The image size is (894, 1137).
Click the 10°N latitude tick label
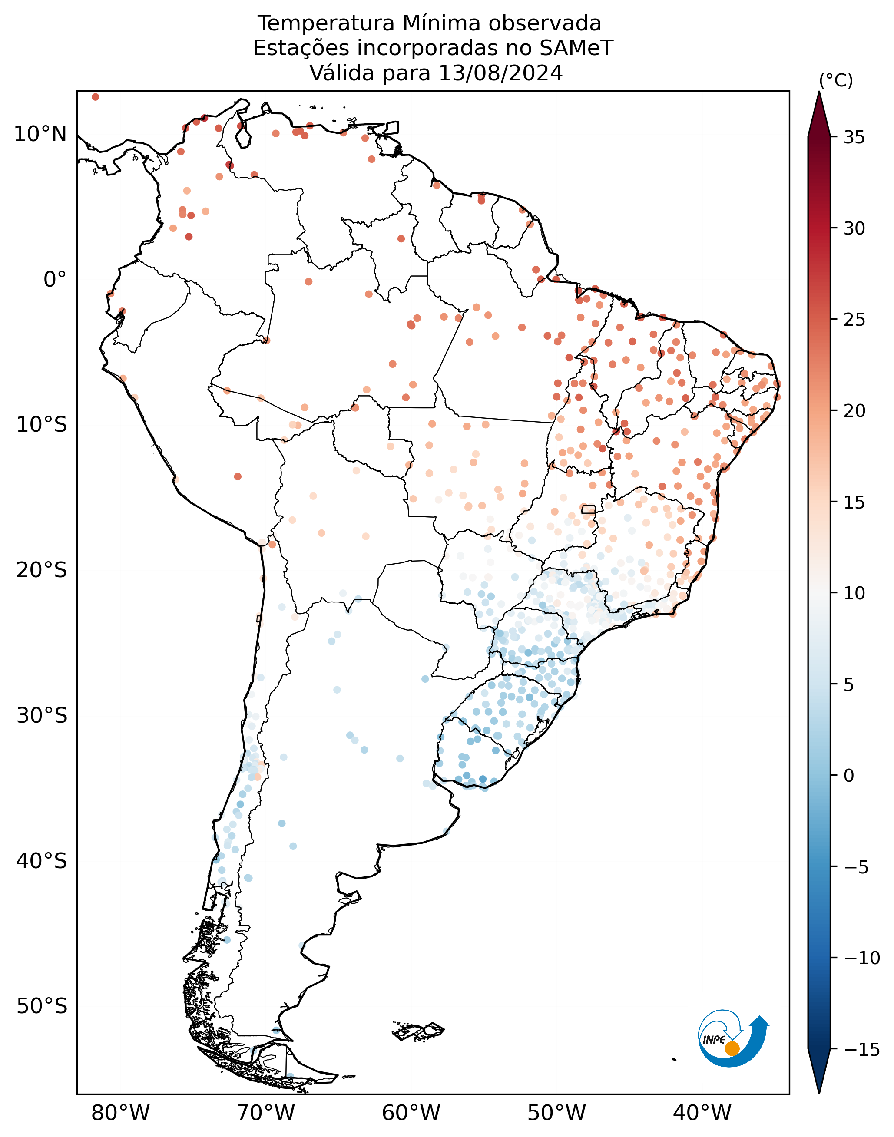[40, 135]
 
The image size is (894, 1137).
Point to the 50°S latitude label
[42, 1006]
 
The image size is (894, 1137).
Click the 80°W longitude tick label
[120, 1113]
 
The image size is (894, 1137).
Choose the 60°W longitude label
[411, 1113]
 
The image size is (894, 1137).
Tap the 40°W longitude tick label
[702, 1113]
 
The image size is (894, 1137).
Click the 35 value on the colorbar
[854, 138]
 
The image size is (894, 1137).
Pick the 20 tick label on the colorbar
[854, 411]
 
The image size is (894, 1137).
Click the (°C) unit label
[836, 81]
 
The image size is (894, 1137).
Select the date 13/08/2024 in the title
[500, 73]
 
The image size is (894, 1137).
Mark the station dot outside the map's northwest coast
[95, 97]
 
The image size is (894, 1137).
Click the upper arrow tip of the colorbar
[819, 92]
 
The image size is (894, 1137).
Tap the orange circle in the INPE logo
[732, 1048]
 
